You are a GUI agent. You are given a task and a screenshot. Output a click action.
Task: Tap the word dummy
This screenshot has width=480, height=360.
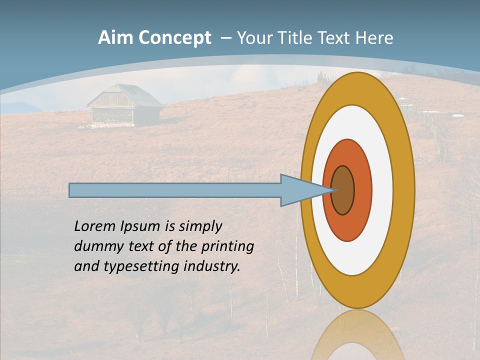point(96,246)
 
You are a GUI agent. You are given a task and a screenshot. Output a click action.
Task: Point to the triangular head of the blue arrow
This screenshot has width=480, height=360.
point(300,190)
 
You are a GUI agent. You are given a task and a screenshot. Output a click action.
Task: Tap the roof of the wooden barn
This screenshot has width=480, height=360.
point(125,95)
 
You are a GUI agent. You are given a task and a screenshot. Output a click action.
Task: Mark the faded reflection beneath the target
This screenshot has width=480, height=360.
point(357,335)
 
